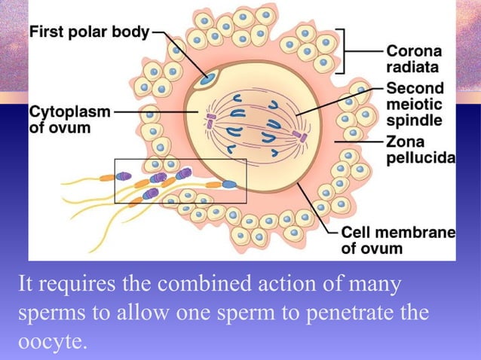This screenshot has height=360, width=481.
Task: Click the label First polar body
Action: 90,34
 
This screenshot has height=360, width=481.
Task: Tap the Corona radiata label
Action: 415,58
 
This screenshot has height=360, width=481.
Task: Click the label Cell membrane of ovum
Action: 398,239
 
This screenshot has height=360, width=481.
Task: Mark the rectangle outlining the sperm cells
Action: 180,160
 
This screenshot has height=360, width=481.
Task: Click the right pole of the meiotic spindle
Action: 299,137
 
